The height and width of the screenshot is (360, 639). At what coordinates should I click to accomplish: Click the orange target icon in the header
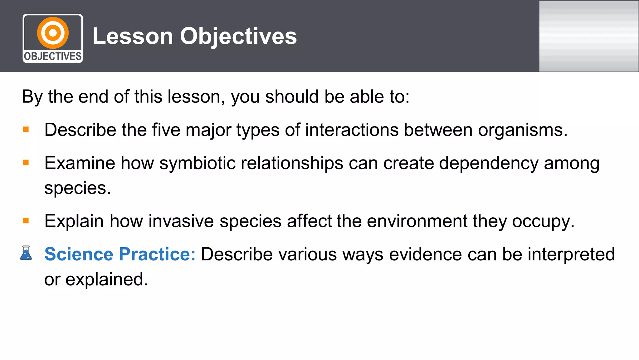click(x=53, y=33)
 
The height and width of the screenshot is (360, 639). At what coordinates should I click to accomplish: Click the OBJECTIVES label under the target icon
click(x=53, y=57)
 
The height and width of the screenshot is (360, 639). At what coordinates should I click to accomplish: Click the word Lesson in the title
click(x=133, y=36)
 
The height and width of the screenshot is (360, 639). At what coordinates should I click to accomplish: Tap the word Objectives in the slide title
click(x=238, y=36)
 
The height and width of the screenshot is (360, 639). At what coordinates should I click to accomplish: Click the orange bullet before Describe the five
click(x=26, y=129)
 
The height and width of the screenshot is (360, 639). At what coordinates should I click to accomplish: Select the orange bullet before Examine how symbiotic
click(x=26, y=163)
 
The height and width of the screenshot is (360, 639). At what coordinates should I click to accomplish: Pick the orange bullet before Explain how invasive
click(x=26, y=221)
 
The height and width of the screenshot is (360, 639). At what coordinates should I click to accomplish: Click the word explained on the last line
click(x=106, y=279)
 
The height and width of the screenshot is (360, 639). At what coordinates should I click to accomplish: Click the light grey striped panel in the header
click(x=589, y=36)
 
